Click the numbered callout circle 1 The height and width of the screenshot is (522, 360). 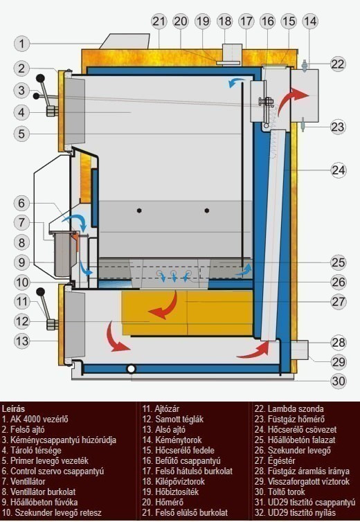click(22, 44)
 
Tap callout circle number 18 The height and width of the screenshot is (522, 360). click(225, 21)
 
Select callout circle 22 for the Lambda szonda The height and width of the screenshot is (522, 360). click(338, 64)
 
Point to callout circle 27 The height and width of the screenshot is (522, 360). click(339, 302)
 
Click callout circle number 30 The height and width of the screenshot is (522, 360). click(339, 381)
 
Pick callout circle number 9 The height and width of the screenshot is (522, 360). click(22, 262)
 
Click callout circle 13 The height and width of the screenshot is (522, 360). click(22, 341)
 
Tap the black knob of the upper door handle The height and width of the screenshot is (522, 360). click(40, 78)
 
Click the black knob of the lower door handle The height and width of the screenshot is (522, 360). click(40, 292)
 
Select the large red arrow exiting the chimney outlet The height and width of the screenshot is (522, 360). click(292, 98)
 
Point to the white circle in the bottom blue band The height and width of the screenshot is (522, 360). click(132, 368)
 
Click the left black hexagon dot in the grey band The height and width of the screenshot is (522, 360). click(139, 210)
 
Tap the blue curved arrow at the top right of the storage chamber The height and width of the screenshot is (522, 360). click(236, 82)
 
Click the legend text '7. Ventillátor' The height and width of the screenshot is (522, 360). click(24, 481)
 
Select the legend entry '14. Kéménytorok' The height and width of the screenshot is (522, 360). click(172, 440)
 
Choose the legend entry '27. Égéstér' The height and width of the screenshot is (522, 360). click(275, 461)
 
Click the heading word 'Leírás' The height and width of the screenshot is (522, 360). click(13, 408)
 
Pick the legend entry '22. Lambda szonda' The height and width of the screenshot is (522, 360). click(289, 408)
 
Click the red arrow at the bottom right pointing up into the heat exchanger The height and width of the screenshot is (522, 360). click(254, 350)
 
